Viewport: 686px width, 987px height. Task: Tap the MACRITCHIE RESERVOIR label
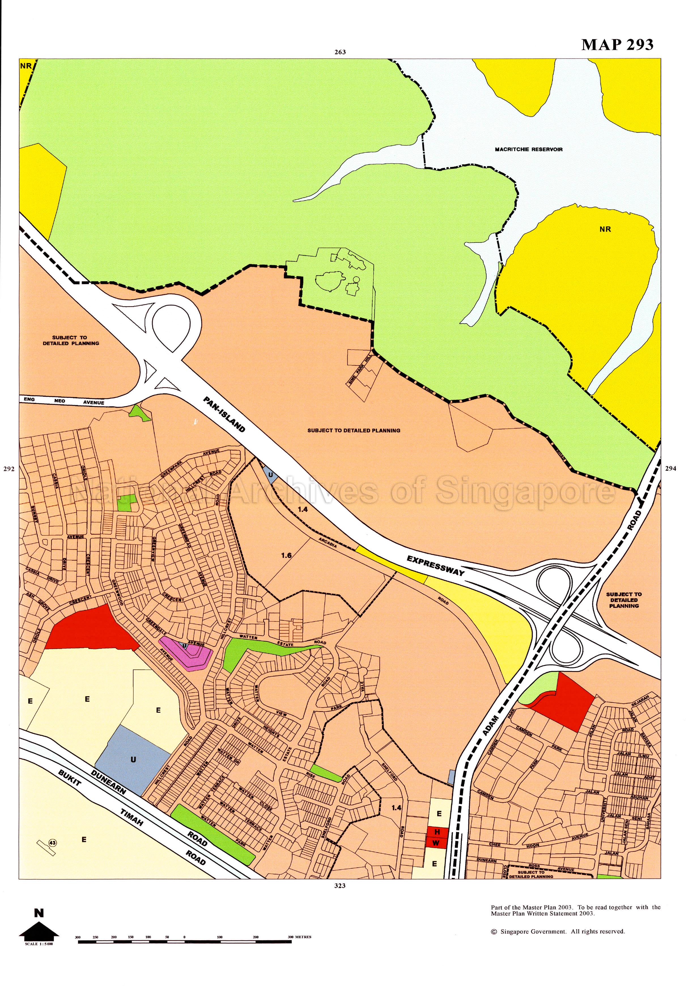[528, 150]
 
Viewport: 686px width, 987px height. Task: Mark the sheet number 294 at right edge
[670, 469]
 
